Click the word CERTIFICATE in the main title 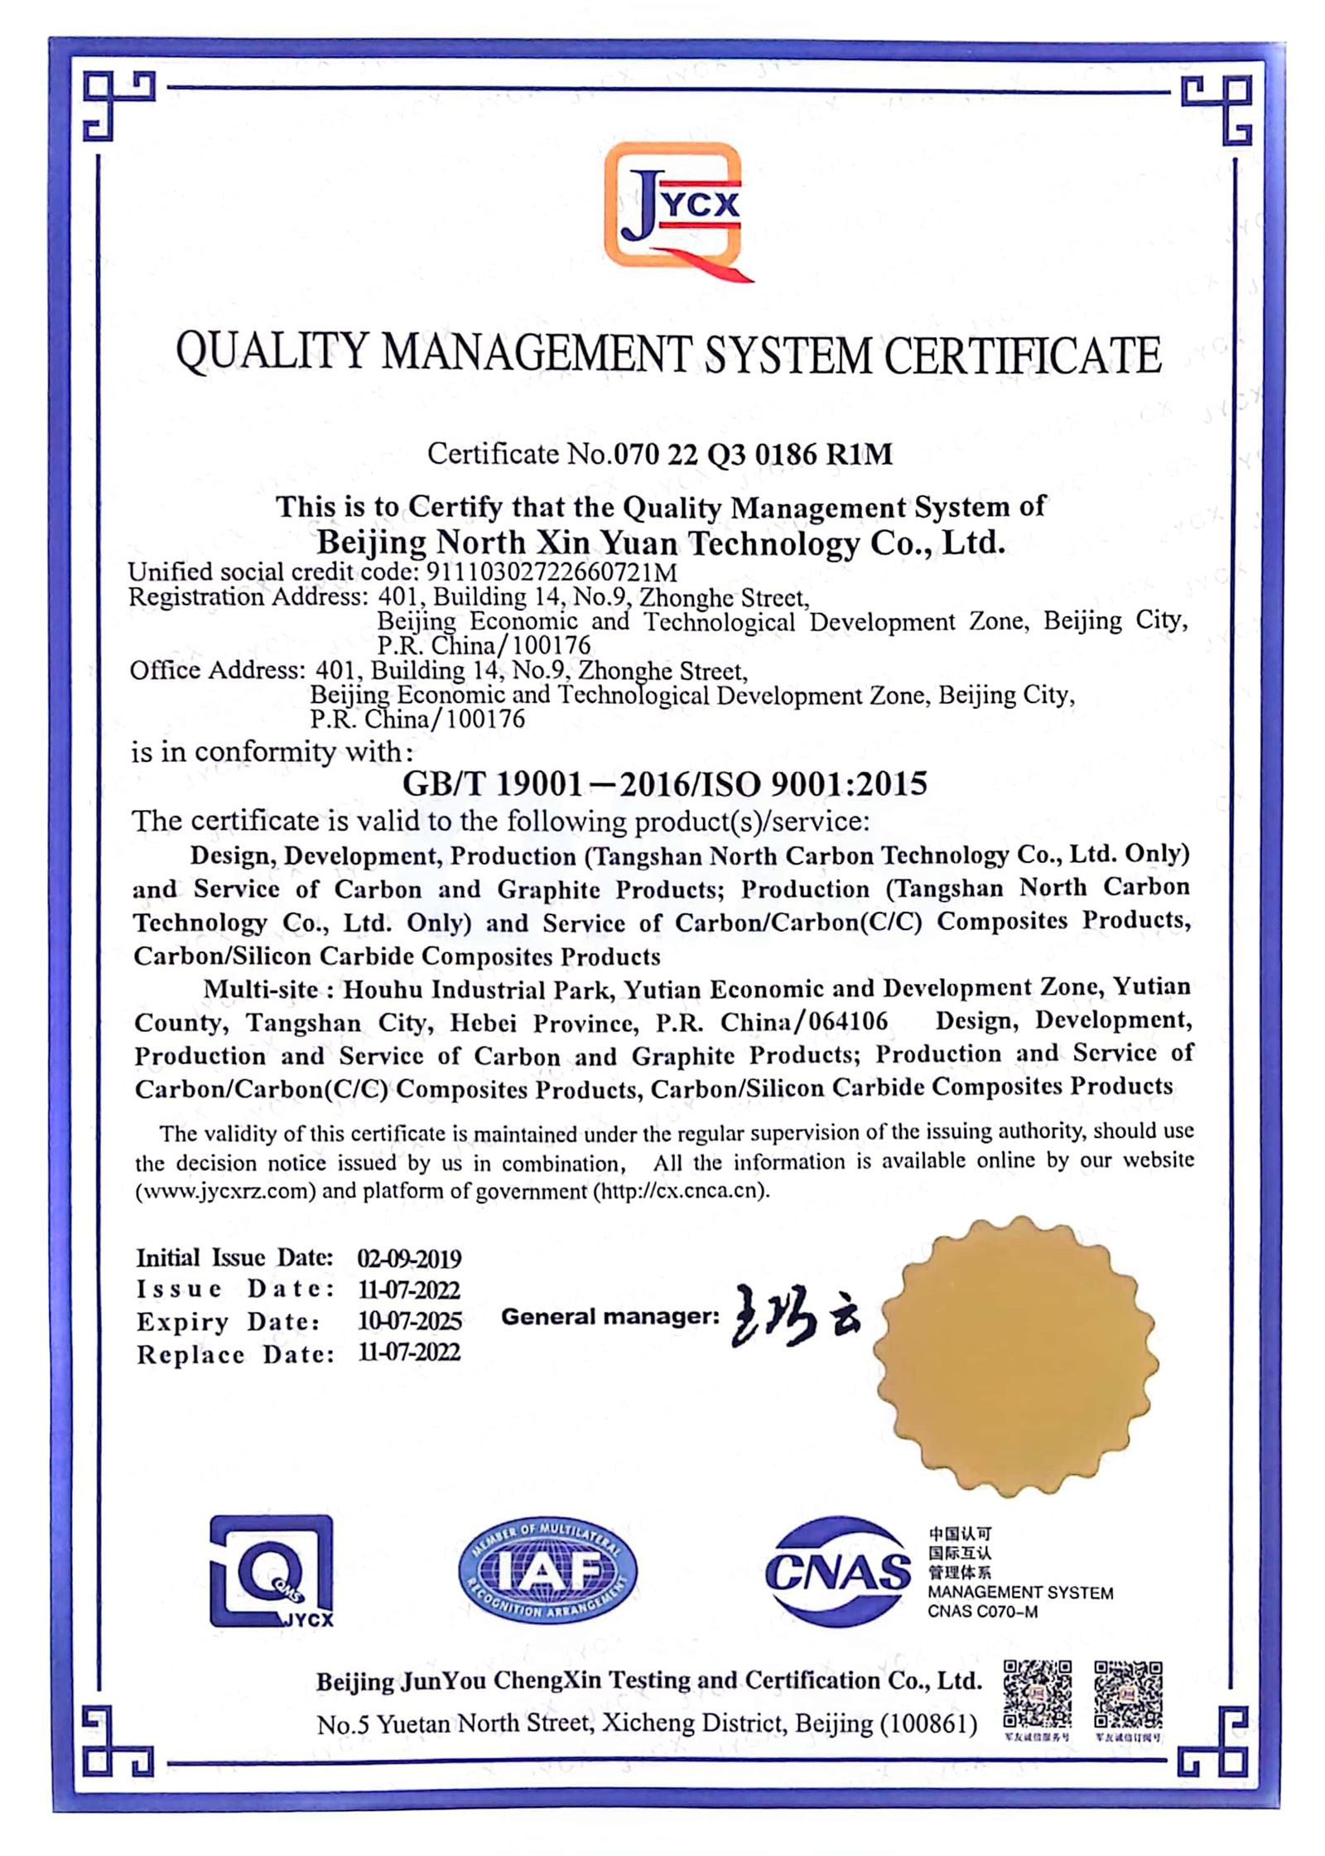(1022, 356)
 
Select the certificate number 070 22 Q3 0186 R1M (750, 454)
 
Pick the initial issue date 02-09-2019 (409, 1258)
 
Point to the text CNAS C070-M (982, 1613)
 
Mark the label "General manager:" (609, 1317)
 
